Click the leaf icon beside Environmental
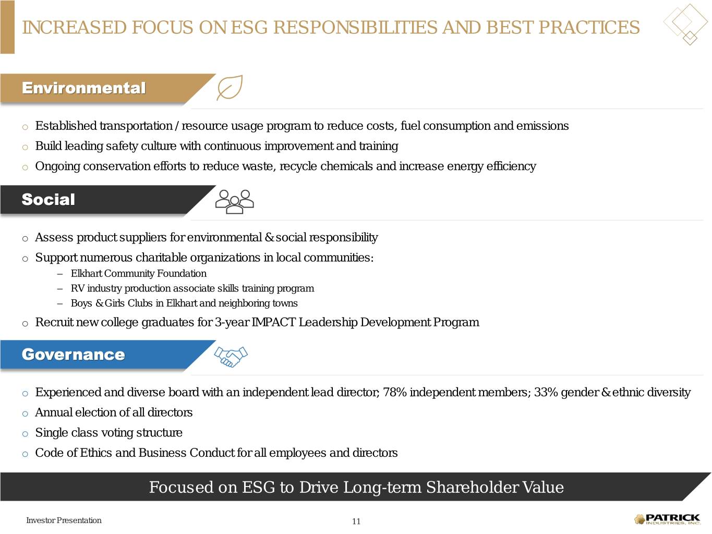click(229, 88)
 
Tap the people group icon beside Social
click(235, 202)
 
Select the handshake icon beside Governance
click(231, 357)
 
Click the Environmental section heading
click(83, 88)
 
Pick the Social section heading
click(49, 199)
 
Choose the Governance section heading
click(74, 355)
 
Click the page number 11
click(356, 521)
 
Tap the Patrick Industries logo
click(668, 519)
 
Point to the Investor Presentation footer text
click(64, 520)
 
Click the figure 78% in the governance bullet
click(395, 392)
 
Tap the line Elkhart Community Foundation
click(139, 274)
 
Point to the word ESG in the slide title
click(249, 27)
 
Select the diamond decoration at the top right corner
click(686, 23)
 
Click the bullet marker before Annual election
click(25, 414)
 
